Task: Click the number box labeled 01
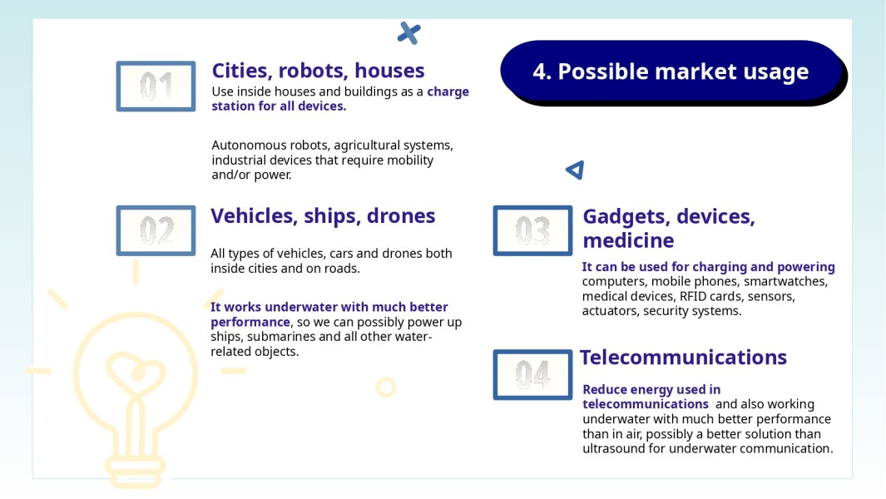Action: click(156, 86)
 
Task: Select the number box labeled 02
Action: click(156, 230)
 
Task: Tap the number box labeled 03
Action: click(532, 230)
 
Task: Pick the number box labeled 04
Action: click(532, 375)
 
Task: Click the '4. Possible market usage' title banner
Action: click(671, 72)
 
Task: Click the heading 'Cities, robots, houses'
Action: click(318, 71)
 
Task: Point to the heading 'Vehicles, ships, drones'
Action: click(323, 216)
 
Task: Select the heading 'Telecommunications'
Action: click(683, 357)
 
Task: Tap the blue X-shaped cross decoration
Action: click(409, 33)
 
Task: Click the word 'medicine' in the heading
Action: click(628, 240)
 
